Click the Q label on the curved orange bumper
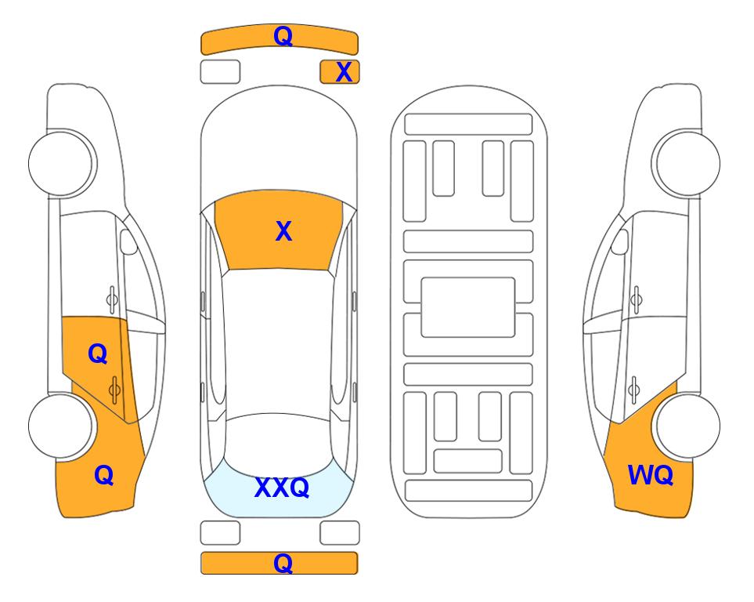coord(283,36)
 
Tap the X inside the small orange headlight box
coord(344,72)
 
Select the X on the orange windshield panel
coord(283,231)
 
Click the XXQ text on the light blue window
coord(281,488)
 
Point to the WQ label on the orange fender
coord(650,475)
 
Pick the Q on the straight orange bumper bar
coord(283,563)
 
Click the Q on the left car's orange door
coord(98,354)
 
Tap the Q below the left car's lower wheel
coord(104,476)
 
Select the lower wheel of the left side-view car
coord(60,426)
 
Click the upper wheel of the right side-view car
coord(687,163)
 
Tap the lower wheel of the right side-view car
coord(687,426)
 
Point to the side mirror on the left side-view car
coord(128,241)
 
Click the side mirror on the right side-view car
coord(620,241)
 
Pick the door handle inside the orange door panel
coord(114,390)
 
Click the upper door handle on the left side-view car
coord(112,299)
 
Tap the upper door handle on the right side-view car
coord(637,299)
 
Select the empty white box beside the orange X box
coord(220,72)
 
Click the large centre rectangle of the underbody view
coord(468,307)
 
